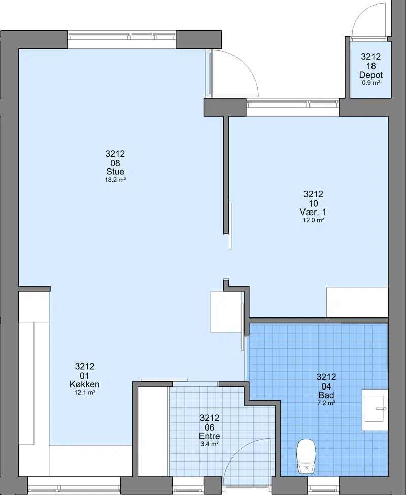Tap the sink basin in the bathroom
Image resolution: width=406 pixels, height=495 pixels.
coord(375,410)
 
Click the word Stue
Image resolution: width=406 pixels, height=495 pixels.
coord(115,172)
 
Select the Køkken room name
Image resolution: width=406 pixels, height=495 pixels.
coord(85,384)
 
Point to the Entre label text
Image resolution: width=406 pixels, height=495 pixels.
coord(210,436)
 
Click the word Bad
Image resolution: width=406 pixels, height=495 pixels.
coord(326,395)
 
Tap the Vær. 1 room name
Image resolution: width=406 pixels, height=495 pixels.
coord(313,212)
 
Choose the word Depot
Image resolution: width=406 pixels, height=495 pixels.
coord(371,75)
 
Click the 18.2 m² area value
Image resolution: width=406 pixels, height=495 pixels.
coord(115,180)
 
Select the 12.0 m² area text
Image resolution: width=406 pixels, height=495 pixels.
coord(314,220)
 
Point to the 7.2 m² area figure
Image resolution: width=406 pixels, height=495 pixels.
coord(326,403)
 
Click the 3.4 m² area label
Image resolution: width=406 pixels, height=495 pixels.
coord(210,444)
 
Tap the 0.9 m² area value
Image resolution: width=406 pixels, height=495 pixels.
coord(371,83)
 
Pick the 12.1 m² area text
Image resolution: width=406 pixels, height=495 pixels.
coord(85,393)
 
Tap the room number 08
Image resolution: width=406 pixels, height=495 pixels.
coord(115,163)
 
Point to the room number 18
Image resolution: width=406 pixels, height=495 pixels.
coord(371,66)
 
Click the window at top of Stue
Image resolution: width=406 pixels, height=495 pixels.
coord(122,36)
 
